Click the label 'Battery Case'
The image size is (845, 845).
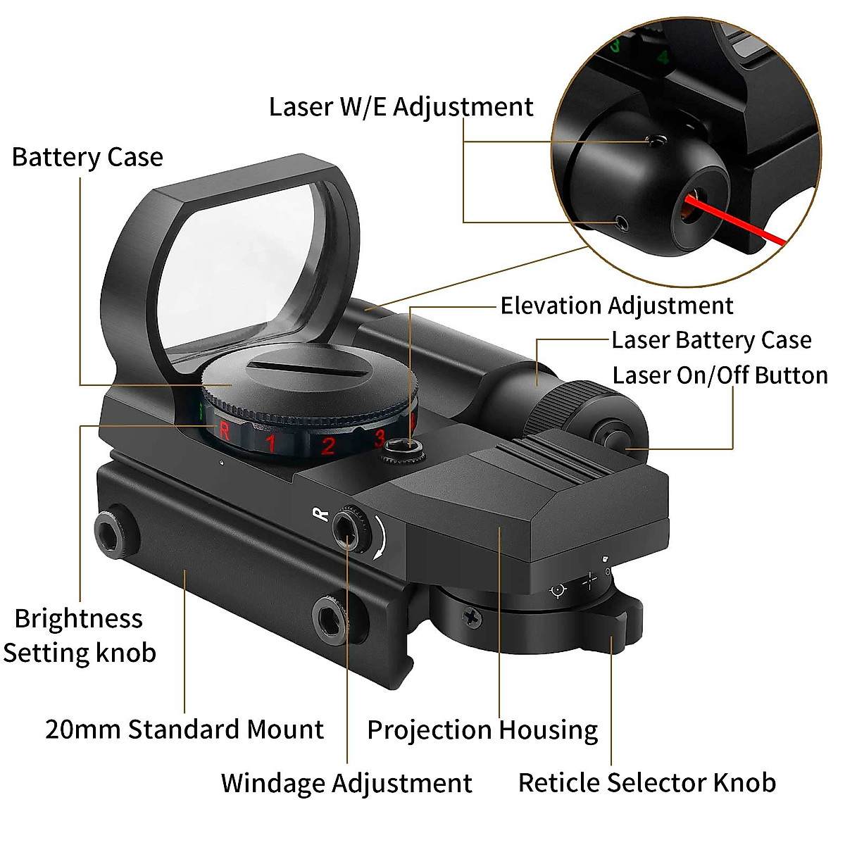[87, 156]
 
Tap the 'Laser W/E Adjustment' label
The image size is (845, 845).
[401, 107]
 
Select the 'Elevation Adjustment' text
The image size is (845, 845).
[616, 306]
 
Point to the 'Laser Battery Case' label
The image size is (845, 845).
[711, 340]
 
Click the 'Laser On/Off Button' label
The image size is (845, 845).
[720, 375]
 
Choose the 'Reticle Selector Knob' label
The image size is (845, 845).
[646, 782]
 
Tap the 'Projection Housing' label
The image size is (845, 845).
[482, 730]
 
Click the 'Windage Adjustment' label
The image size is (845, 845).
[346, 783]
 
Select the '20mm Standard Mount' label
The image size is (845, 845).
[184, 729]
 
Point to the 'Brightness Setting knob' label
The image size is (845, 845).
[79, 635]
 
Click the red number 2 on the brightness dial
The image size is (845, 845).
[327, 446]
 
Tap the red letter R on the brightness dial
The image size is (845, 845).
[224, 429]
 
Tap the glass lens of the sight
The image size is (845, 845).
[246, 268]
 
